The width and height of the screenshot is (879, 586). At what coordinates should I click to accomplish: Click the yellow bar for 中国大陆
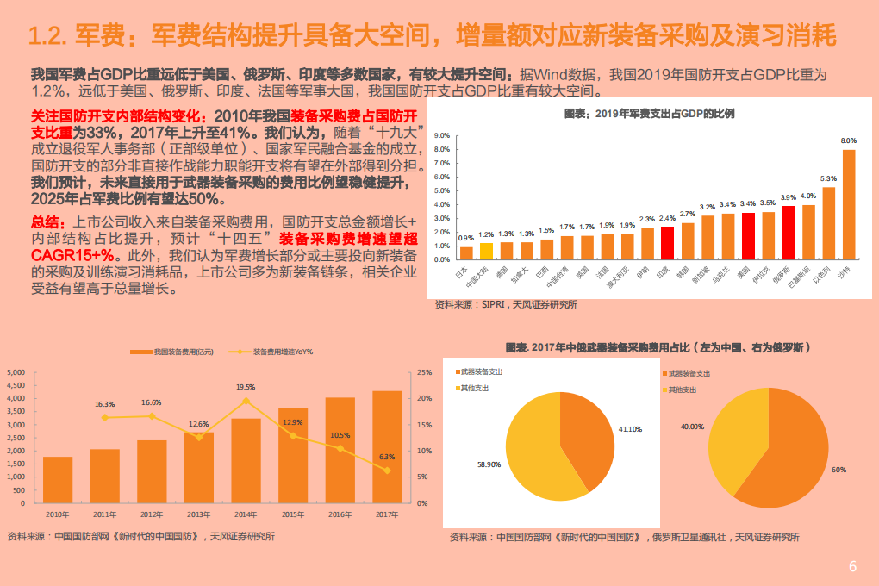486,251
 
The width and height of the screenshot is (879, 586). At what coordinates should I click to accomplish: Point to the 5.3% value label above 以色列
828,178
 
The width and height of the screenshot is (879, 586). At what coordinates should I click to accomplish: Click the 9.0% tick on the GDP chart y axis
443,136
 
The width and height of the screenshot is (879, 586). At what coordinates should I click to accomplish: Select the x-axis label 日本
463,275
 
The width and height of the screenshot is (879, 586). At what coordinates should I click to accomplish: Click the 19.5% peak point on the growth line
246,401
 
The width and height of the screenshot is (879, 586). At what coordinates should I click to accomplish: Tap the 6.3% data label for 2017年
387,457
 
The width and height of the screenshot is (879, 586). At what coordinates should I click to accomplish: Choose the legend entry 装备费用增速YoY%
282,352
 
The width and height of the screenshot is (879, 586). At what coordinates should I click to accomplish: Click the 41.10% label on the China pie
630,428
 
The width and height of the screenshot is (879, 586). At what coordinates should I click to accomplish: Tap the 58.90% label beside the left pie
489,464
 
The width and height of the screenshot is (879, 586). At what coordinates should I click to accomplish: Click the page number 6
852,566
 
